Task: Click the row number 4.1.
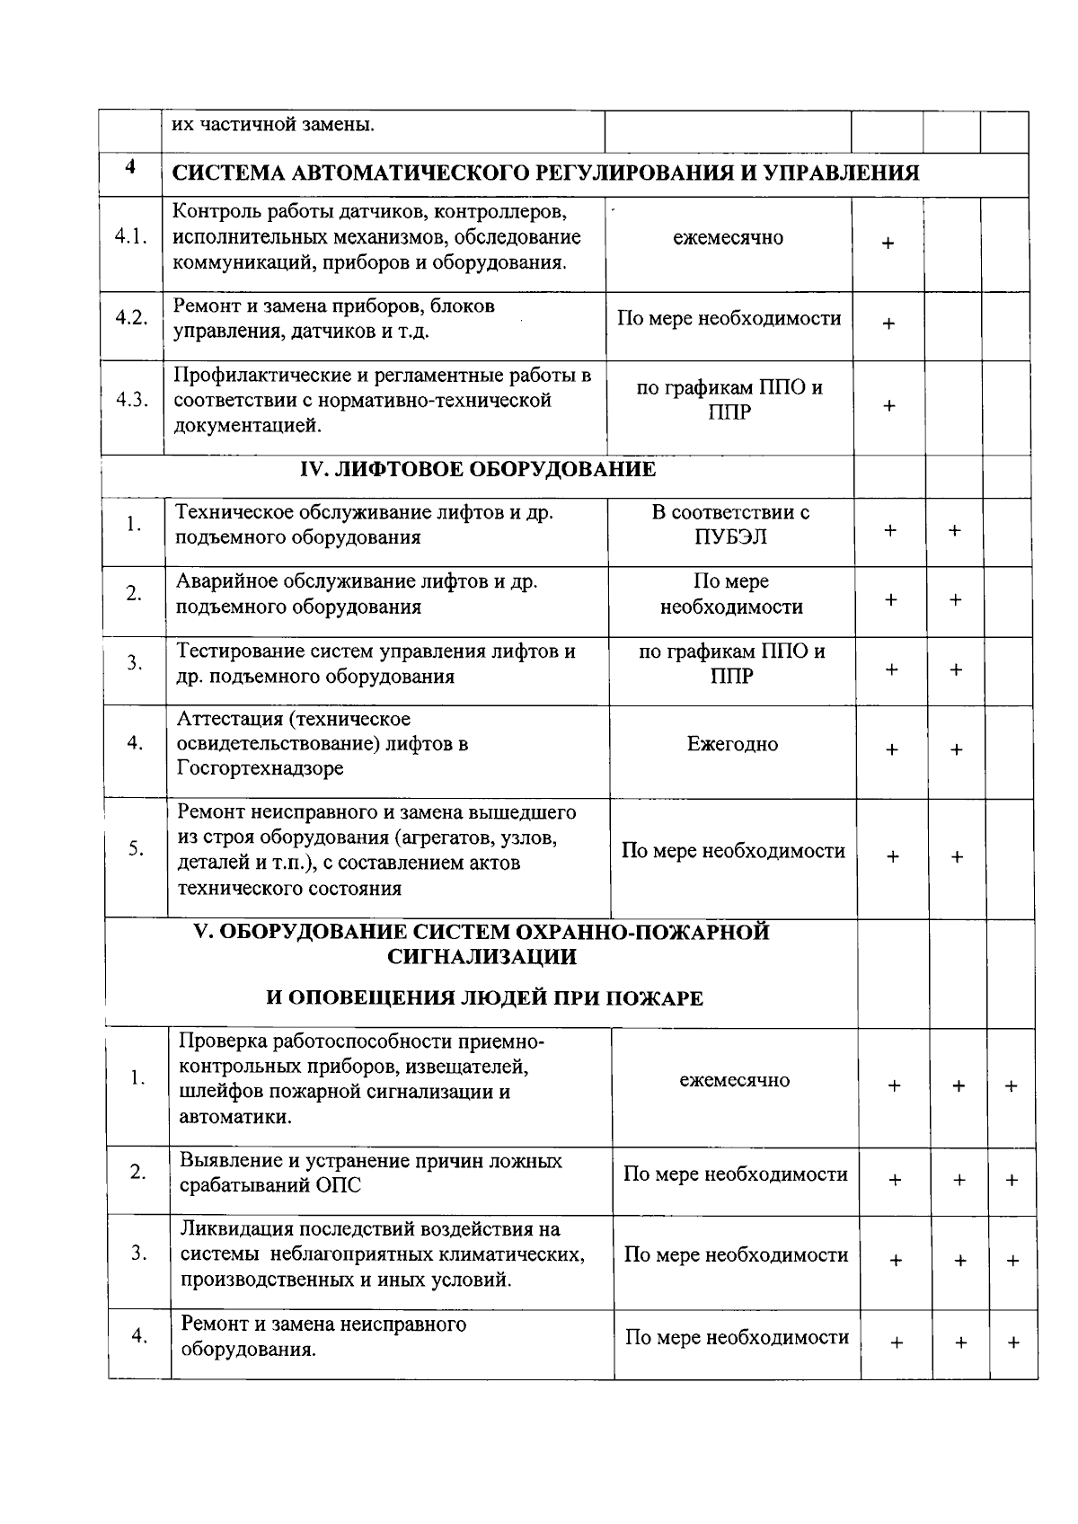(x=131, y=237)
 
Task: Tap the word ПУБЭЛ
(x=730, y=537)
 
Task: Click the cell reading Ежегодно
(x=732, y=744)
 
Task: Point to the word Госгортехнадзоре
(x=261, y=769)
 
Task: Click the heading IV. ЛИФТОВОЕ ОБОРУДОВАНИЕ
(x=477, y=469)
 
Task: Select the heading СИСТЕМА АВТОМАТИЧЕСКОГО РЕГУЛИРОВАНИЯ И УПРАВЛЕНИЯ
(x=545, y=173)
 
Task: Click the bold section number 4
(x=130, y=168)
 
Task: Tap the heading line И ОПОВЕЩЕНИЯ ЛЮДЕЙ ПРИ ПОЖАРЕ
(x=484, y=998)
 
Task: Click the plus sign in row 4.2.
(x=888, y=324)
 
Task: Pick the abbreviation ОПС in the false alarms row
(x=338, y=1185)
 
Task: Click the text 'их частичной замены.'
(x=273, y=125)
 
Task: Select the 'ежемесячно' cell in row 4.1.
(x=728, y=238)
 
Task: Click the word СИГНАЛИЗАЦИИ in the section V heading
(x=482, y=957)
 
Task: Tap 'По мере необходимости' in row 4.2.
(x=729, y=319)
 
